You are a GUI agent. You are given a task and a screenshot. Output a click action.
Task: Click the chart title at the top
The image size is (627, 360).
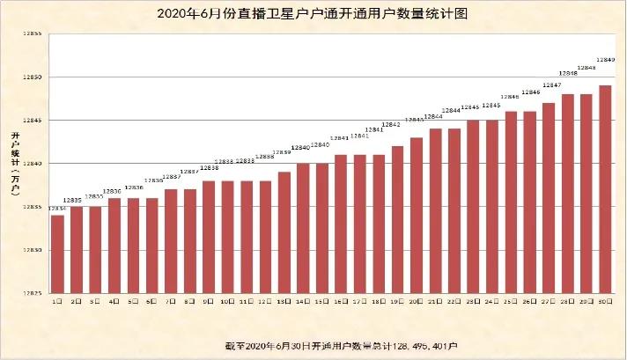[313, 14]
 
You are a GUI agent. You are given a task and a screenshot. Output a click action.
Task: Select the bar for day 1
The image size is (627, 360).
[57, 254]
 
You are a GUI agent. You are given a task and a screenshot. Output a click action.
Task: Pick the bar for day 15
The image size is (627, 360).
[321, 228]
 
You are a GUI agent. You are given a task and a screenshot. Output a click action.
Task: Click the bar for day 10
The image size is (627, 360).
[227, 237]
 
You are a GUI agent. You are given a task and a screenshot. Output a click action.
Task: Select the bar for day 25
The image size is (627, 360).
[511, 202]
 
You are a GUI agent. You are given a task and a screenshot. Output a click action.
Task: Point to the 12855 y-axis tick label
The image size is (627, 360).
[33, 33]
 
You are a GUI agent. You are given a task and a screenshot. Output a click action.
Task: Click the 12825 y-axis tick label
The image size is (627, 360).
[33, 294]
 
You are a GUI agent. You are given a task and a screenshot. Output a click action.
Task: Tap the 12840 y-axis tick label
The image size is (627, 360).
[33, 164]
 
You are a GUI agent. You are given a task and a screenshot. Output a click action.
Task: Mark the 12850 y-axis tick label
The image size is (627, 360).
[33, 77]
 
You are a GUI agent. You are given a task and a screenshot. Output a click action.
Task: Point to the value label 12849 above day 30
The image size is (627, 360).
[605, 60]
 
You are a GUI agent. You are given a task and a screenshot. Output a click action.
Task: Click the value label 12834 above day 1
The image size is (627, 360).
[56, 209]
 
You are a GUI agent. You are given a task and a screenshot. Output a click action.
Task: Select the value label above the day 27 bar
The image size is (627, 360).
[552, 85]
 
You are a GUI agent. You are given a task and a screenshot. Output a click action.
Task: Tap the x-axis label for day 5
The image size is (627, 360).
[132, 301]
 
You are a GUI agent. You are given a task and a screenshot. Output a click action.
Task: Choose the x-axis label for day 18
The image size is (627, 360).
[379, 301]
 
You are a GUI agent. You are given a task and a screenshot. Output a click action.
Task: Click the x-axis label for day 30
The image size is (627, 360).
[605, 301]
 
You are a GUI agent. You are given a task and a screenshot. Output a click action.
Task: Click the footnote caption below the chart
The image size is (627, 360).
[313, 344]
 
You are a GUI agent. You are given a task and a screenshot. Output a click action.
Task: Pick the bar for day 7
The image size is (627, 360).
[171, 241]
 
